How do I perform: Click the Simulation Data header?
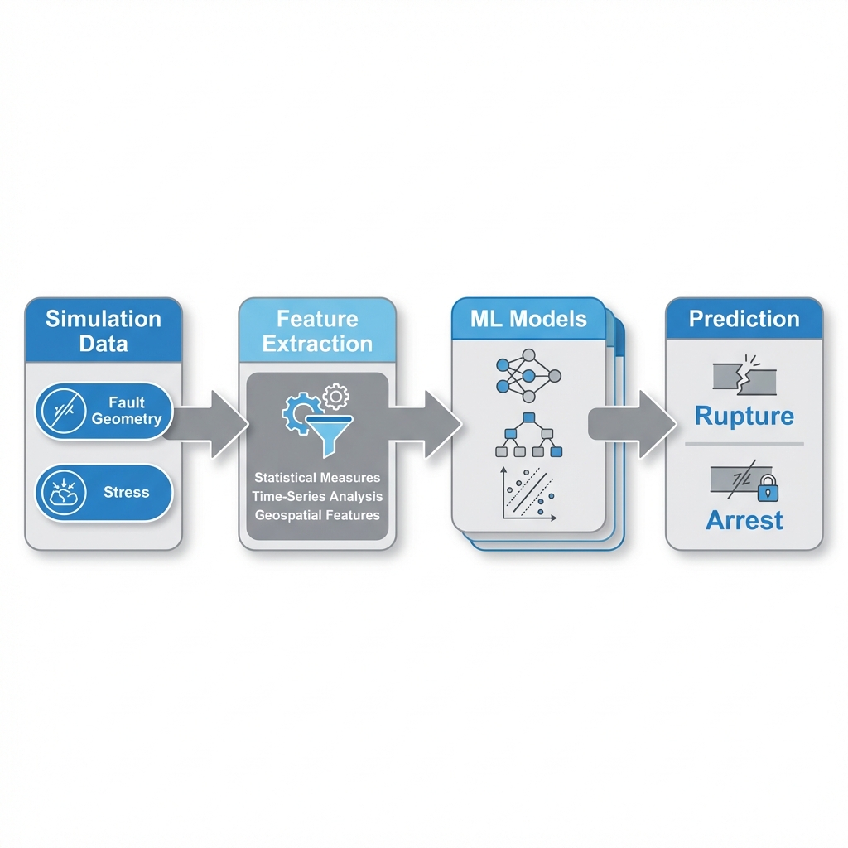pyautogui.click(x=103, y=330)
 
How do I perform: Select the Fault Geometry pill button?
pyautogui.click(x=104, y=411)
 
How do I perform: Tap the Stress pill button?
pyautogui.click(x=104, y=493)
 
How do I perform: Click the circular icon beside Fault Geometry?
pyautogui.click(x=61, y=411)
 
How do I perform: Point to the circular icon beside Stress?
pyautogui.click(x=61, y=493)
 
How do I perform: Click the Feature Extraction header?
pyautogui.click(x=317, y=330)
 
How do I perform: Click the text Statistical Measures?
pyautogui.click(x=317, y=478)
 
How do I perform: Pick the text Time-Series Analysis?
pyautogui.click(x=317, y=496)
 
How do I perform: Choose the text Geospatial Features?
pyautogui.click(x=317, y=514)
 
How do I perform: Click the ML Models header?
pyautogui.click(x=528, y=319)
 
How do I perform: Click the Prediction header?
pyautogui.click(x=744, y=319)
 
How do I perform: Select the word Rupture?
pyautogui.click(x=744, y=415)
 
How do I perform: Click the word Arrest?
pyautogui.click(x=744, y=520)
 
